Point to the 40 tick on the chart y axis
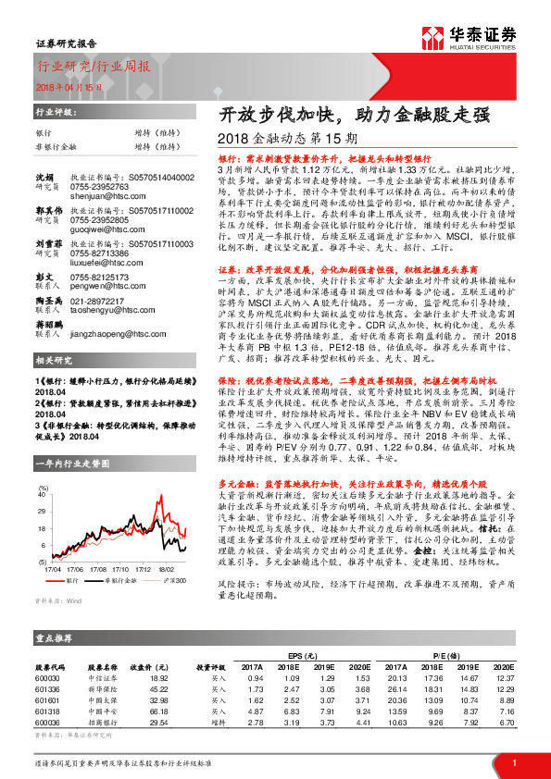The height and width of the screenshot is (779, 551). tap(42, 496)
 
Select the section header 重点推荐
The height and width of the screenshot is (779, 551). tap(55, 638)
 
